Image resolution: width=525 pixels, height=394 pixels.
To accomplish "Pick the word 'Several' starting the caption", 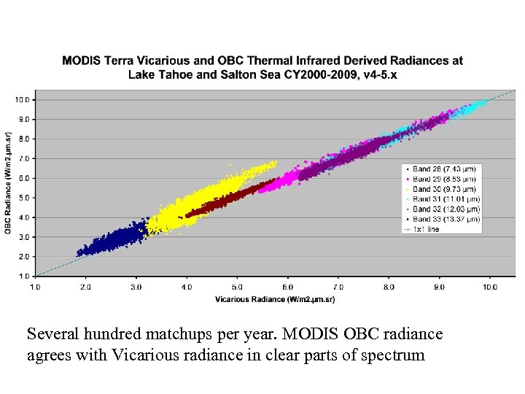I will tap(52, 334).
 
